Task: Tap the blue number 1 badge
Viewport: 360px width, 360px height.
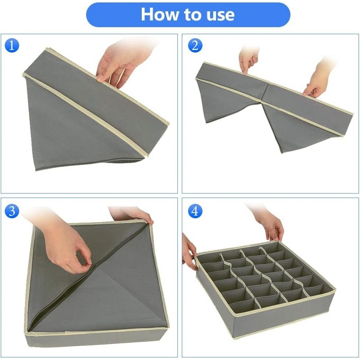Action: click(12, 45)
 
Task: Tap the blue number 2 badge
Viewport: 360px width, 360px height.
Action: click(194, 45)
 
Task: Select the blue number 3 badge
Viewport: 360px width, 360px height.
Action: click(12, 211)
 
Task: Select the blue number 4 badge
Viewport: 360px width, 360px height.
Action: click(194, 211)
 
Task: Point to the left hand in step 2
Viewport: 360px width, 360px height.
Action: click(248, 58)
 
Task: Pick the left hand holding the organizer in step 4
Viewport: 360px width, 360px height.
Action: click(189, 252)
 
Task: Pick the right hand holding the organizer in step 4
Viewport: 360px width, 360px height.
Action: click(270, 225)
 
